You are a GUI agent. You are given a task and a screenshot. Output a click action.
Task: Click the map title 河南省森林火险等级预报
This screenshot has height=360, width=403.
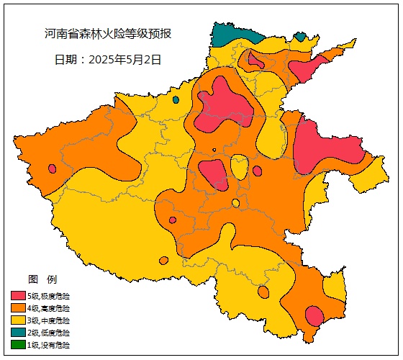[x=108, y=34]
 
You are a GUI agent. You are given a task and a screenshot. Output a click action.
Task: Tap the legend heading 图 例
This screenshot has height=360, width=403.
[x=42, y=279]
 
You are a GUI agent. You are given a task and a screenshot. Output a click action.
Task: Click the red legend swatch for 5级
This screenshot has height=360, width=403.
[x=18, y=296]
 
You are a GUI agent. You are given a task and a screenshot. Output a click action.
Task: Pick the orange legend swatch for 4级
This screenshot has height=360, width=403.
[x=18, y=308]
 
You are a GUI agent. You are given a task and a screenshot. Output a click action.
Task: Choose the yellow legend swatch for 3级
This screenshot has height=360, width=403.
[x=18, y=320]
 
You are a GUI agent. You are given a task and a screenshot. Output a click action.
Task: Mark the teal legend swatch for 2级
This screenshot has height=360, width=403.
[x=18, y=333]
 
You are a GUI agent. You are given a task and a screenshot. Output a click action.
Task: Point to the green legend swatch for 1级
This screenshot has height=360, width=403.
[x=18, y=345]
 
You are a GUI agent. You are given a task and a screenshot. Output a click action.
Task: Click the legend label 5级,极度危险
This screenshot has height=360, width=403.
[x=49, y=296]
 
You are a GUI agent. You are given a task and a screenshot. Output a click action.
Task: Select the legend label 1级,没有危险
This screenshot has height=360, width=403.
[x=49, y=345]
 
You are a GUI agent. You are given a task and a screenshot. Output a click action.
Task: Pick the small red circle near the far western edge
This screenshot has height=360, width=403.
[x=52, y=168]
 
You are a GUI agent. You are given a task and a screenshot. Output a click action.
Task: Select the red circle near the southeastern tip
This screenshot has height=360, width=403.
[x=314, y=315]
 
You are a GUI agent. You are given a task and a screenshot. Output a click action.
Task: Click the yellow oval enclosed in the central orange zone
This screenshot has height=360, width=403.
[x=240, y=167]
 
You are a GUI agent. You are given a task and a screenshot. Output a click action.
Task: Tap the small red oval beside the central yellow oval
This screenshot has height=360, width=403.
[x=257, y=171]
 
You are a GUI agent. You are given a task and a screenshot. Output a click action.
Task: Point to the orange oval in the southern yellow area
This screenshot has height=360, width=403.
[x=263, y=292]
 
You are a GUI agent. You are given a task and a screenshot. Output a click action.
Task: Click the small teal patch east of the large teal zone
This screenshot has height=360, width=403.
[x=300, y=37]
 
